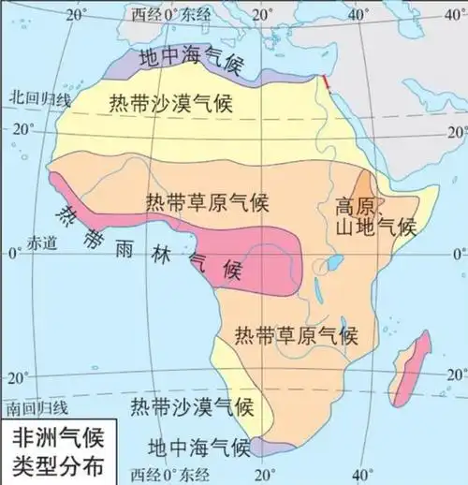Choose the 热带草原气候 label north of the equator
[207, 201]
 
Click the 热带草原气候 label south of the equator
[296, 334]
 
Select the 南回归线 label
[37, 408]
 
